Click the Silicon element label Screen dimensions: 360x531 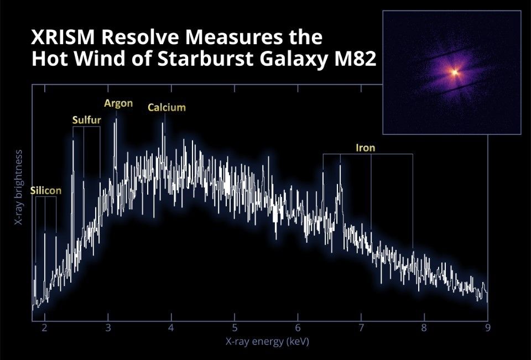coord(46,190)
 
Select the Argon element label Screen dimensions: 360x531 coord(118,103)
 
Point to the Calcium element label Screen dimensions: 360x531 coord(166,107)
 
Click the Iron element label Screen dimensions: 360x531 coord(365,148)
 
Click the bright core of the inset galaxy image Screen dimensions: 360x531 coord(455,71)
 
